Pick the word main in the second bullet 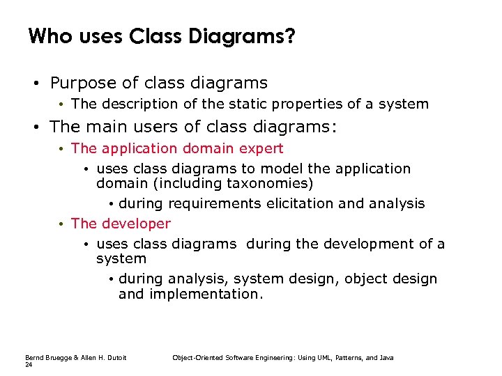107,127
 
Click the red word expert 259,148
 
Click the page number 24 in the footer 29,365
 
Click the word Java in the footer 386,358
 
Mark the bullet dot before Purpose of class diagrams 34,84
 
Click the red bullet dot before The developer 62,224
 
